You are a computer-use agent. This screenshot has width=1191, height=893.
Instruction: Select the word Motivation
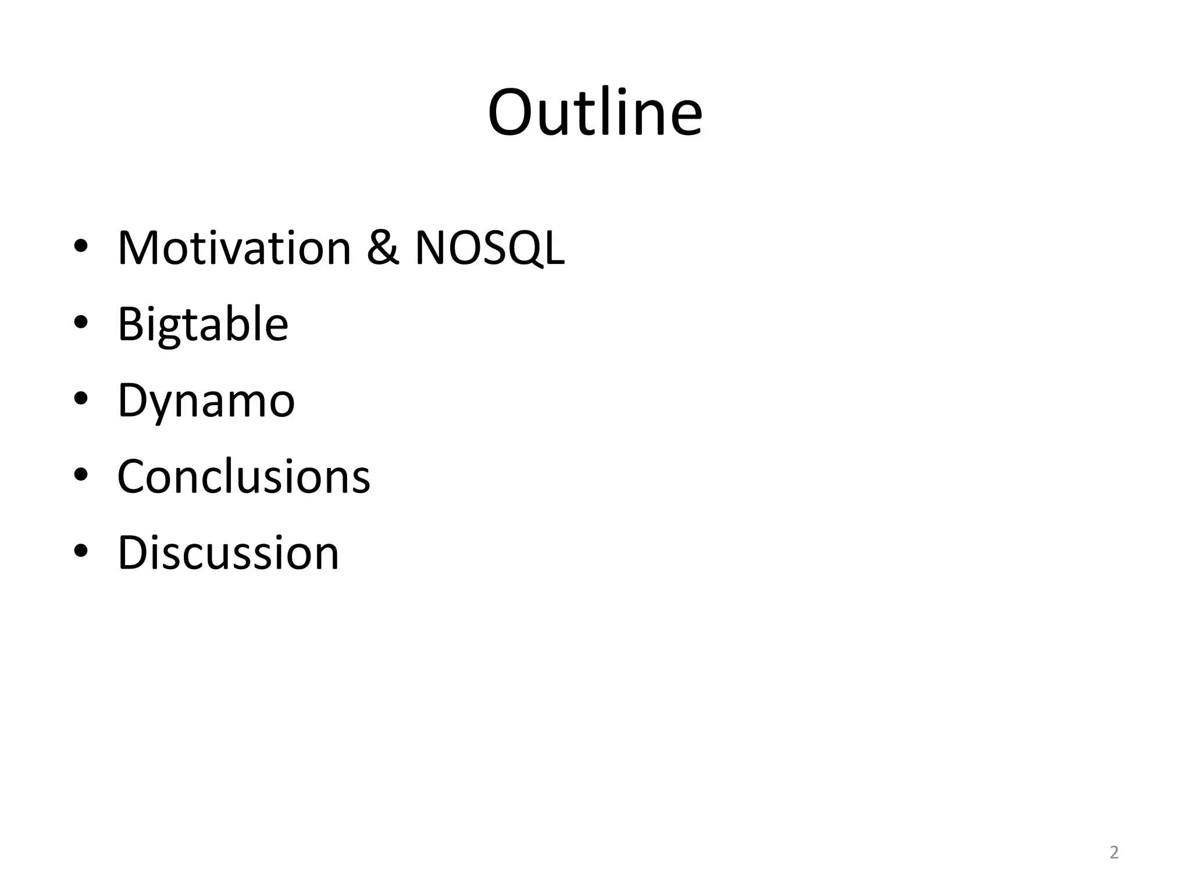click(x=234, y=248)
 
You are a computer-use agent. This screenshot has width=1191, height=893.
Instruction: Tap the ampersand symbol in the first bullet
click(x=383, y=248)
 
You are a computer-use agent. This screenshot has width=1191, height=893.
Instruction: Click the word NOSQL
click(x=489, y=248)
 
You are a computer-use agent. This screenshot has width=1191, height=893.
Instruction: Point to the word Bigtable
click(x=202, y=324)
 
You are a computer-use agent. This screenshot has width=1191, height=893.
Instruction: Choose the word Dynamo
click(x=206, y=401)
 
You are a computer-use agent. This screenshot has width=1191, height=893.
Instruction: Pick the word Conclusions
click(x=243, y=477)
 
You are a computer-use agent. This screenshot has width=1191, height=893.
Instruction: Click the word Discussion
click(x=228, y=553)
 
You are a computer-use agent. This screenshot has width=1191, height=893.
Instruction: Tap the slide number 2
click(x=1114, y=852)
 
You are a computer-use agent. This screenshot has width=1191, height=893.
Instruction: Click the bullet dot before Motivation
click(x=81, y=247)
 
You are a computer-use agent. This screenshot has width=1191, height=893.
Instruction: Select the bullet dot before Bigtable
click(x=81, y=323)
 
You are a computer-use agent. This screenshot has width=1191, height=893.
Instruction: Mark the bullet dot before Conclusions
click(x=81, y=475)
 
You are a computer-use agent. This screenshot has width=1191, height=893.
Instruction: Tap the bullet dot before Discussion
click(x=81, y=551)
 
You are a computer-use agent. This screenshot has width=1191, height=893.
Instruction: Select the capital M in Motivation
click(x=137, y=248)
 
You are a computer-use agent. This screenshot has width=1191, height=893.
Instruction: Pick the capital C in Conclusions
click(x=131, y=477)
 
